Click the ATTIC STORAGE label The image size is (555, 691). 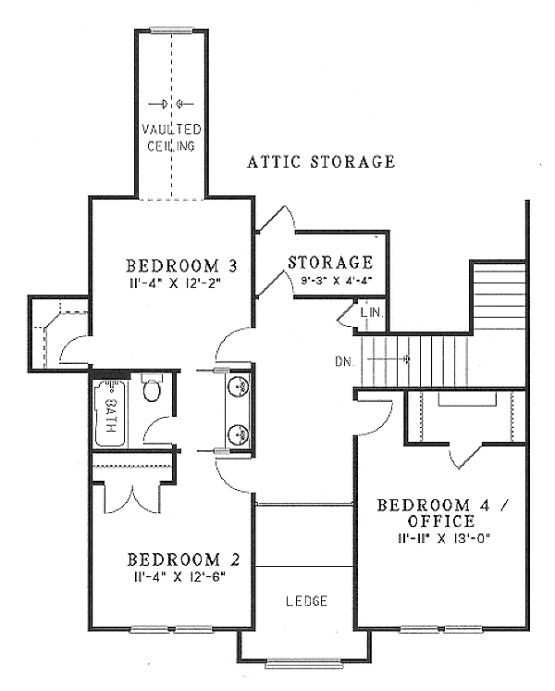[321, 162]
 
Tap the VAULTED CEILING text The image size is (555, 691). [171, 137]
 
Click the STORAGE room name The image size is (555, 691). [330, 263]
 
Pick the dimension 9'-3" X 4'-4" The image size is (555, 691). [330, 277]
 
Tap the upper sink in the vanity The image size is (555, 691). [240, 387]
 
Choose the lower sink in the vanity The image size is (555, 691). [240, 433]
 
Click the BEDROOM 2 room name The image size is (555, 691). [183, 559]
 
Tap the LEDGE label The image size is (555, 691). [306, 601]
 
